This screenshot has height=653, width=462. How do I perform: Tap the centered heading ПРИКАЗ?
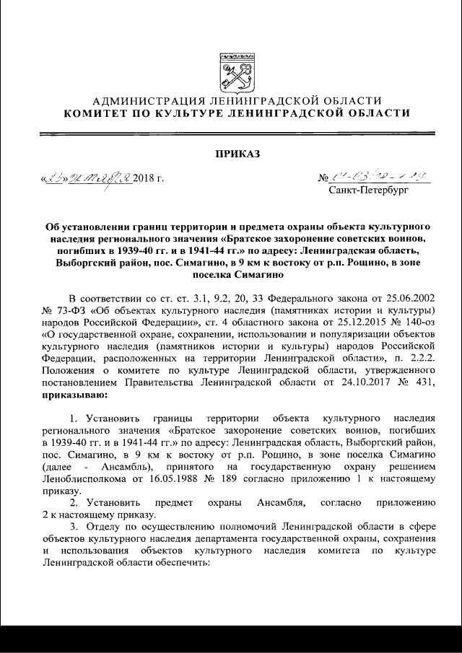coord(231,153)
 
